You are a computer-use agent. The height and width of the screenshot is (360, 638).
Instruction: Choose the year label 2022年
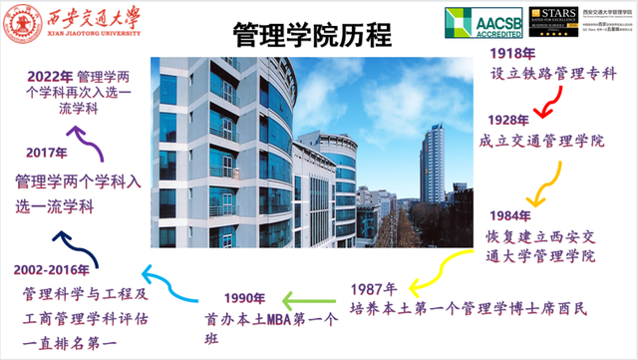point(49,76)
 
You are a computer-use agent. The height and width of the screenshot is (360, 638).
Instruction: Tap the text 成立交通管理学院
point(542,141)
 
